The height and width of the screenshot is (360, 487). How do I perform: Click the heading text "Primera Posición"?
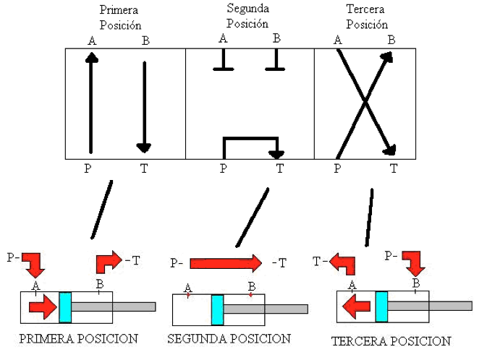120,17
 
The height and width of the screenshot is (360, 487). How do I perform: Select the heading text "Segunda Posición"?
247,16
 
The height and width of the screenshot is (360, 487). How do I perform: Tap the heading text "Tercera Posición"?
367,17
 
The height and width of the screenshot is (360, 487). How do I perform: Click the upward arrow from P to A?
91,103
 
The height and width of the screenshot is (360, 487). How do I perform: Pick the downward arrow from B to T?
144,107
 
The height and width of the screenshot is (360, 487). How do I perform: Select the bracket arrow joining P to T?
250,138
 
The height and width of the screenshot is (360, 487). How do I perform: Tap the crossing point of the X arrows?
365,101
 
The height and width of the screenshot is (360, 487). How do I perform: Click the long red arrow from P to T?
226,263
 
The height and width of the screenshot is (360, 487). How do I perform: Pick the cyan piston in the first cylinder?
65,307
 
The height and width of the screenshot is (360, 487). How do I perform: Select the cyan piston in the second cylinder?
217,309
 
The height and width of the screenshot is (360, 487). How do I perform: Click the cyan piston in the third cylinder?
381,307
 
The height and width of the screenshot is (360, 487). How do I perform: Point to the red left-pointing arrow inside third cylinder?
356,307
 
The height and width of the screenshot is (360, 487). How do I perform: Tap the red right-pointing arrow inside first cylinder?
43,307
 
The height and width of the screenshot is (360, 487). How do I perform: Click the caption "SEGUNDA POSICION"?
229,338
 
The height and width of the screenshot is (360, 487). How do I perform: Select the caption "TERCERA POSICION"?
391,341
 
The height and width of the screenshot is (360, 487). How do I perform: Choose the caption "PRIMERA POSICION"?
79,338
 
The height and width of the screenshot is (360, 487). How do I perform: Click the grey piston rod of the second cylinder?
266,309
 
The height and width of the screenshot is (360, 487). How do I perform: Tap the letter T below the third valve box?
394,168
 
